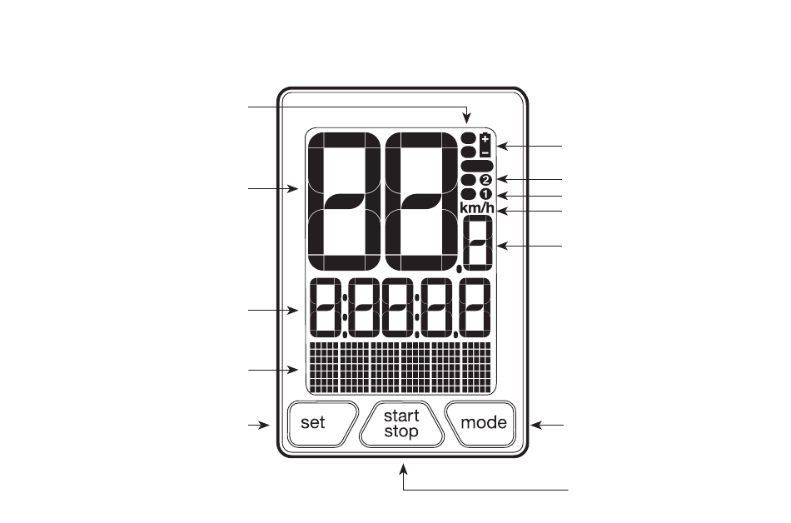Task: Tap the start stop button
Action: coord(401,424)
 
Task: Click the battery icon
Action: coord(485,145)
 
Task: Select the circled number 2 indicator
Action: coord(485,180)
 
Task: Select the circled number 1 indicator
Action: coord(485,194)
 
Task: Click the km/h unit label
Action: coord(477,207)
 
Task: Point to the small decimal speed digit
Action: coord(477,242)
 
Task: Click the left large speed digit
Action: coord(345,202)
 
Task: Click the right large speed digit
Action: coord(421,202)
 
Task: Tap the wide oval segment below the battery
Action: coord(477,166)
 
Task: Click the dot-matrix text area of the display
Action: coord(400,367)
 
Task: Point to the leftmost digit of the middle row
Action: coord(326,307)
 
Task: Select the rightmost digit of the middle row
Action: coord(475,307)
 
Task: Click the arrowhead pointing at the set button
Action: coord(264,426)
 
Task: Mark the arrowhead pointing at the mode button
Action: coord(536,426)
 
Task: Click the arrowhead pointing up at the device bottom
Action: coord(403,470)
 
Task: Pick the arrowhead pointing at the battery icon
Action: coord(503,147)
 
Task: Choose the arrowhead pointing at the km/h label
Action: coord(503,211)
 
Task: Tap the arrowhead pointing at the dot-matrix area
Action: coord(292,370)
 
